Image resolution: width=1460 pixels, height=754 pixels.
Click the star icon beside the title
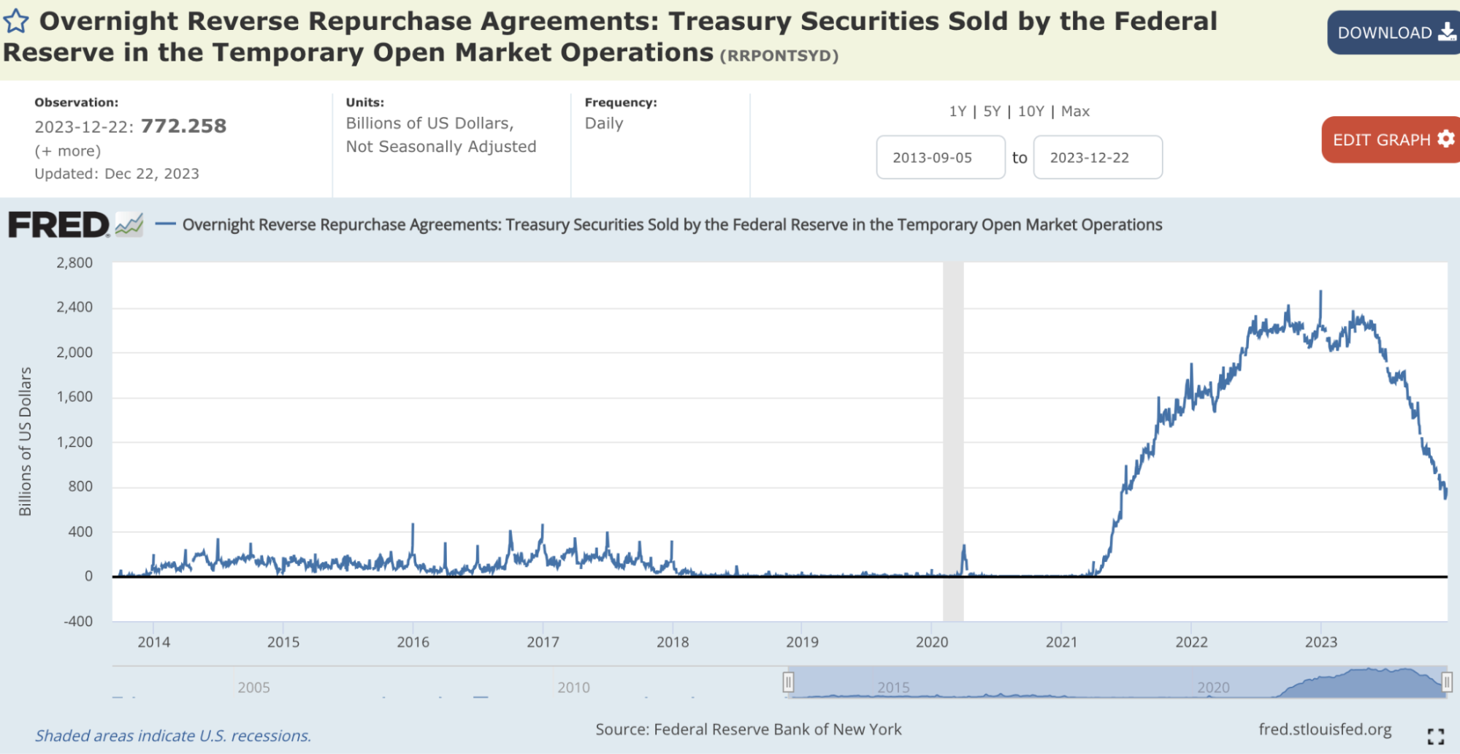pos(16,22)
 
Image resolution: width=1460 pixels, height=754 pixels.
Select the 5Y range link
pos(991,111)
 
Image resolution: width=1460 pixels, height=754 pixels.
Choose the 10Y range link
pos(1031,111)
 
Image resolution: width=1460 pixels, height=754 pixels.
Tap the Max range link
pos(1075,111)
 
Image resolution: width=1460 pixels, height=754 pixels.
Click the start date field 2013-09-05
pos(940,157)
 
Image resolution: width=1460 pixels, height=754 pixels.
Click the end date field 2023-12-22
pos(1097,157)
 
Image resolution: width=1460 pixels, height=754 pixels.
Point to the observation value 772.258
pos(183,126)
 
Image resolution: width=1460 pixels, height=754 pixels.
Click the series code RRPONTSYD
pos(779,56)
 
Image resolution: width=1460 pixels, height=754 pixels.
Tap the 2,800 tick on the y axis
pos(74,263)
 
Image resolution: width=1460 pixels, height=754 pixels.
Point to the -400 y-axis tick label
pos(78,622)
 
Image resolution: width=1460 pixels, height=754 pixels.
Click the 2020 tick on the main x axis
pos(932,642)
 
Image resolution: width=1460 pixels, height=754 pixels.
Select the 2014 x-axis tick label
pos(153,642)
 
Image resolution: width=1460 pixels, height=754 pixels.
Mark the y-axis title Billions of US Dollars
pos(26,441)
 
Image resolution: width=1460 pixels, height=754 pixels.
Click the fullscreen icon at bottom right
pos(1435,736)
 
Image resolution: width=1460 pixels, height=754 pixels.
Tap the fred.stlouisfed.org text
pos(1325,729)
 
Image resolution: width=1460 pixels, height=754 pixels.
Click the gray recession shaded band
pos(953,438)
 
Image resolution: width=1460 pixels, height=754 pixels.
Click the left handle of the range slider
pos(788,682)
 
